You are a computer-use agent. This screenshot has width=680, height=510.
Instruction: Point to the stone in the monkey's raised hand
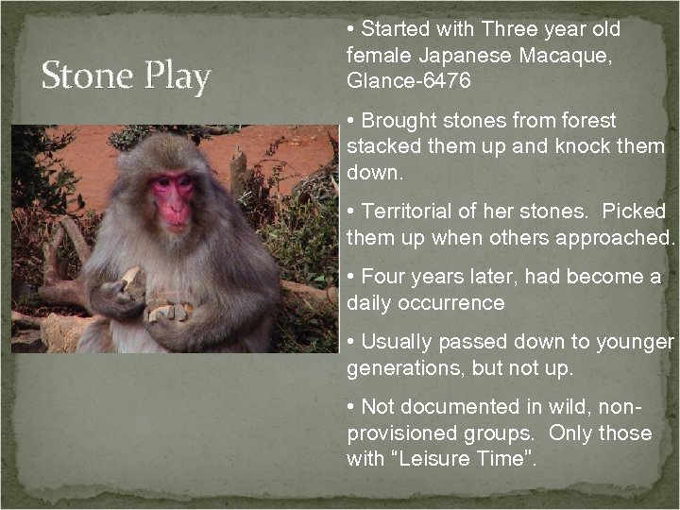click(132, 280)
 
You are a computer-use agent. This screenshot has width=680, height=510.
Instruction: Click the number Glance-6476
click(409, 80)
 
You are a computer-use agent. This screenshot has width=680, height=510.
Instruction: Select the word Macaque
click(563, 56)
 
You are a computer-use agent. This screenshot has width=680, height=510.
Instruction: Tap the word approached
click(613, 236)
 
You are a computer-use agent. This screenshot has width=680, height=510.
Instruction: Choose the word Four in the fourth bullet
click(382, 278)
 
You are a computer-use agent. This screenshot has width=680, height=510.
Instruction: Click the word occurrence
click(448, 303)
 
